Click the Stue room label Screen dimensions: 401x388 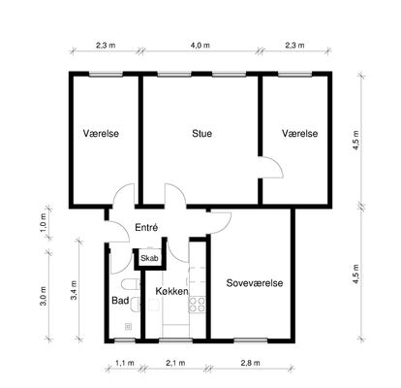[201, 134]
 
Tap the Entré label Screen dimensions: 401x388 [146, 227]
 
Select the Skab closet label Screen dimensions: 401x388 [149, 258]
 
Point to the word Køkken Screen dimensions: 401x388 [171, 291]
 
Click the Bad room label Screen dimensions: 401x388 [120, 301]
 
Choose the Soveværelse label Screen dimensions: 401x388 [255, 283]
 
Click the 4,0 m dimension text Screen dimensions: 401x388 [200, 46]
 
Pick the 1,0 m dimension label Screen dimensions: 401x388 [45, 222]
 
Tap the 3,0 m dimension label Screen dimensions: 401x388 [44, 296]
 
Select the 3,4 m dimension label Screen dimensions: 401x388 [75, 290]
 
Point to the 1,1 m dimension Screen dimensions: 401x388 [125, 363]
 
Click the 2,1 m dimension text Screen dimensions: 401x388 [175, 363]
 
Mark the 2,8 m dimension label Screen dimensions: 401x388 [250, 363]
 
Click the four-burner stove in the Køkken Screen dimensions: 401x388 [198, 305]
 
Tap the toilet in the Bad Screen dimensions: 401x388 [130, 284]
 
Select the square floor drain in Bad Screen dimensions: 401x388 [128, 327]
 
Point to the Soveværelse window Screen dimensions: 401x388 [251, 340]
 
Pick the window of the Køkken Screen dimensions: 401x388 [175, 340]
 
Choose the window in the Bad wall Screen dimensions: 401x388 [125, 340]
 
